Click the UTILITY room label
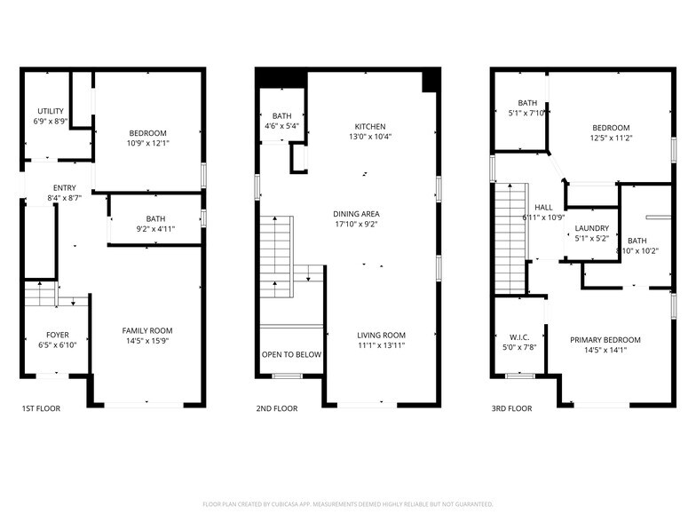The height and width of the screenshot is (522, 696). coord(51,111)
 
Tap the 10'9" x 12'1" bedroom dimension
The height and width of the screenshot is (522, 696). coord(147,144)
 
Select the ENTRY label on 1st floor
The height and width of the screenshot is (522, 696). coord(64,187)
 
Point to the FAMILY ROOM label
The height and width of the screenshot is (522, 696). coord(147,330)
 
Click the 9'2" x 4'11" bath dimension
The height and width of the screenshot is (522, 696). coord(155,229)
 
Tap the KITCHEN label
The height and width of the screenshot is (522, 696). coord(372,126)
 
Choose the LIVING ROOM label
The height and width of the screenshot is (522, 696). coord(381,335)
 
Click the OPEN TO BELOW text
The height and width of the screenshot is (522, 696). coord(291,354)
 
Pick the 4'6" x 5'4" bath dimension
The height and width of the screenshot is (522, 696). coord(281,126)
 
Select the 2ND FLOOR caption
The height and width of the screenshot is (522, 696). coord(276,409)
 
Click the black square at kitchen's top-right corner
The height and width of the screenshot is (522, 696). coord(431,81)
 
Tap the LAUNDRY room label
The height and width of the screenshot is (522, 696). coord(591,228)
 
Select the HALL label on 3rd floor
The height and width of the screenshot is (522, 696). coord(543,207)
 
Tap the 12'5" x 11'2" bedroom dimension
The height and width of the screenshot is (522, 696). coord(611,138)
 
